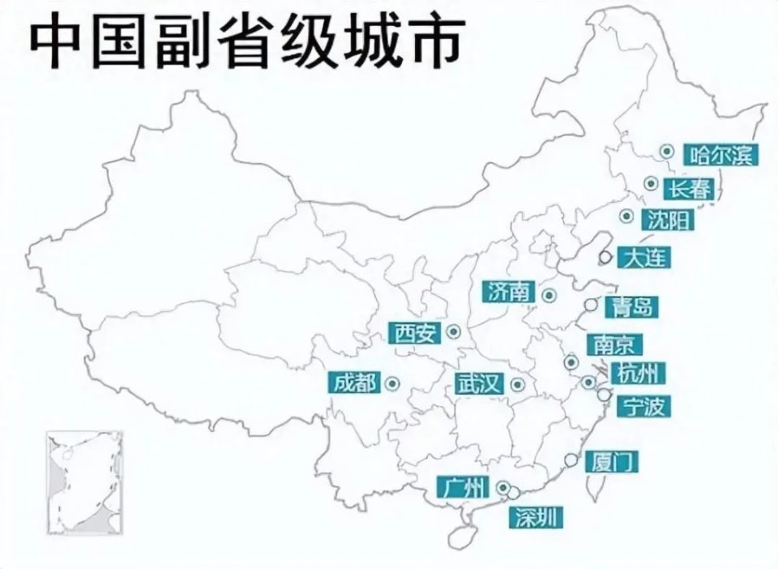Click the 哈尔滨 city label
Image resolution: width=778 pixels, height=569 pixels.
pos(720,154)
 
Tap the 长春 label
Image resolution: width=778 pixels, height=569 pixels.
pos(690,189)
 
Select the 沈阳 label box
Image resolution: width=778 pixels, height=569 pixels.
pos(668,219)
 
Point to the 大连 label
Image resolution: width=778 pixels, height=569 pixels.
pos(645,258)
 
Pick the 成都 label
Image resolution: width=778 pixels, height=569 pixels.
pos(356,383)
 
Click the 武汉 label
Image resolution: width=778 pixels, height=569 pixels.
pos(480,383)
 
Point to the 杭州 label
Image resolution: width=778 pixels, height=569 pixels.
pos(639,373)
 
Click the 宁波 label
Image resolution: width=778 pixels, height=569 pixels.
pos(643,405)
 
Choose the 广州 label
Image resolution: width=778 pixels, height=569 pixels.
pos(464,486)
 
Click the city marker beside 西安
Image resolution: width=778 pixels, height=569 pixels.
pos(453,331)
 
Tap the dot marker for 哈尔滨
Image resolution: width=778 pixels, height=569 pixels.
pos(666,151)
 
